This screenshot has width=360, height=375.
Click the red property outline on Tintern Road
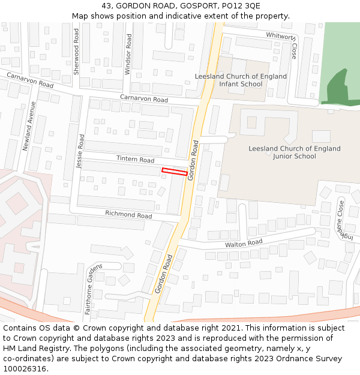(175, 172)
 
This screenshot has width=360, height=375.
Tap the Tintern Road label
(135, 160)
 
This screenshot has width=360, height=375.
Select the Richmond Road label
(128, 214)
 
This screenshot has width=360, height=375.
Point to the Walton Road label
(244, 243)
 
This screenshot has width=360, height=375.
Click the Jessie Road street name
(80, 151)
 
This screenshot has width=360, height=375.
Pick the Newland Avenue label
(29, 127)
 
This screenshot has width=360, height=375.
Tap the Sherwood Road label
(76, 51)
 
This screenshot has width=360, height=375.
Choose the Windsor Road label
(128, 54)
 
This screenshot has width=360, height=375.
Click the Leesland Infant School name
(241, 80)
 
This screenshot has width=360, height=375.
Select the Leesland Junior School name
(294, 152)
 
